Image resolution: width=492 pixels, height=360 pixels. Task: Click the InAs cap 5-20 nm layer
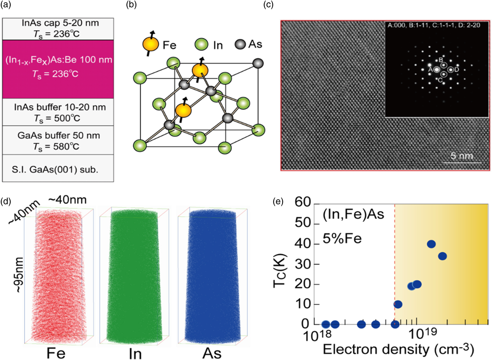(x=58, y=29)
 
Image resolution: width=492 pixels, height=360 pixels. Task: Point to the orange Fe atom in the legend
(x=151, y=44)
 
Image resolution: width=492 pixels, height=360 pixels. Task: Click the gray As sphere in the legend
(x=240, y=44)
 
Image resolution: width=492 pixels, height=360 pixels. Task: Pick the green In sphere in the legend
(x=201, y=45)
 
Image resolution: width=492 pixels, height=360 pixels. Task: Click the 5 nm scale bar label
(x=462, y=156)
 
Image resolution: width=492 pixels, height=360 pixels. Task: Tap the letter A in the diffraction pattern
(x=430, y=70)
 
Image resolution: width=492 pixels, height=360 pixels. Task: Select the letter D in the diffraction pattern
(x=457, y=70)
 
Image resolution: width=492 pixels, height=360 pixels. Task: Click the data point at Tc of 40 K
(x=431, y=244)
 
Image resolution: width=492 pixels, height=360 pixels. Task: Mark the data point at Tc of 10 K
(x=398, y=304)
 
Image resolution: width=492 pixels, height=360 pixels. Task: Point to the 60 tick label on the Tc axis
(x=303, y=202)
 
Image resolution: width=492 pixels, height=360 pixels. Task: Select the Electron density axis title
(x=398, y=350)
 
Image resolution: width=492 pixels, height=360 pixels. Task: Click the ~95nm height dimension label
(x=19, y=275)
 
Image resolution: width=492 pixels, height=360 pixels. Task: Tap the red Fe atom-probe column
(x=58, y=276)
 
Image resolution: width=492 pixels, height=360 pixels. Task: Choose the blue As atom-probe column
(x=212, y=276)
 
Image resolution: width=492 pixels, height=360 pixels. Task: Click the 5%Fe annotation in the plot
(x=342, y=238)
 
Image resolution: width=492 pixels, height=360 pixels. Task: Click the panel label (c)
(x=268, y=5)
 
